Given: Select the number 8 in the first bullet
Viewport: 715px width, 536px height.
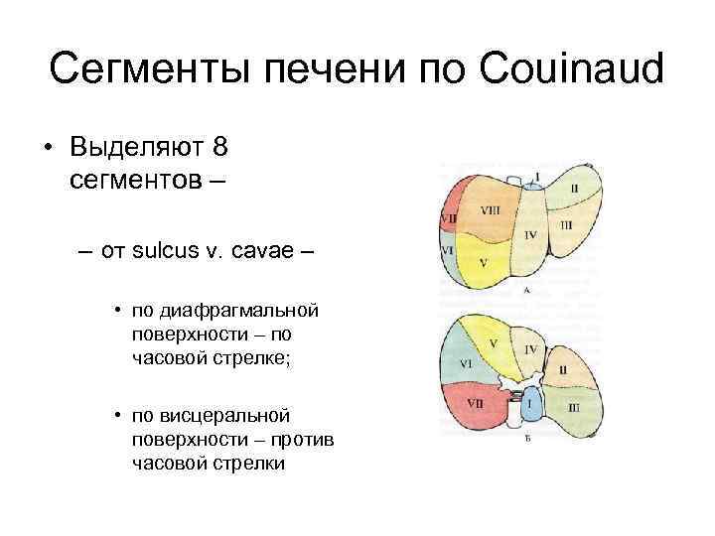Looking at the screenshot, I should coord(219,149).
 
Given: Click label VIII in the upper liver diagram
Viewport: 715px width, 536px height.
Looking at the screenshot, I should coord(491,210).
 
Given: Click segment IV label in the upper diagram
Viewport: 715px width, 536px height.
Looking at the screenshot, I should coord(530,233).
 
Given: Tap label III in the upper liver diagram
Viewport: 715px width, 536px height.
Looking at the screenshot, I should coord(566,225).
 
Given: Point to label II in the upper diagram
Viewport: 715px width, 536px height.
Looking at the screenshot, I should coord(574,187).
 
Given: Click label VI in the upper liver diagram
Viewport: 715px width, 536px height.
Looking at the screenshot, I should coord(448,251).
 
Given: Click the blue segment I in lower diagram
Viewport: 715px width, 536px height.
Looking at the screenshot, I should coord(530,405).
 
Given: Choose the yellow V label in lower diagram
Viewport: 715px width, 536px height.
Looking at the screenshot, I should coord(494,343).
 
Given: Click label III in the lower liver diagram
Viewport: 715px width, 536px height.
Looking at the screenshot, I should coord(574,408).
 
